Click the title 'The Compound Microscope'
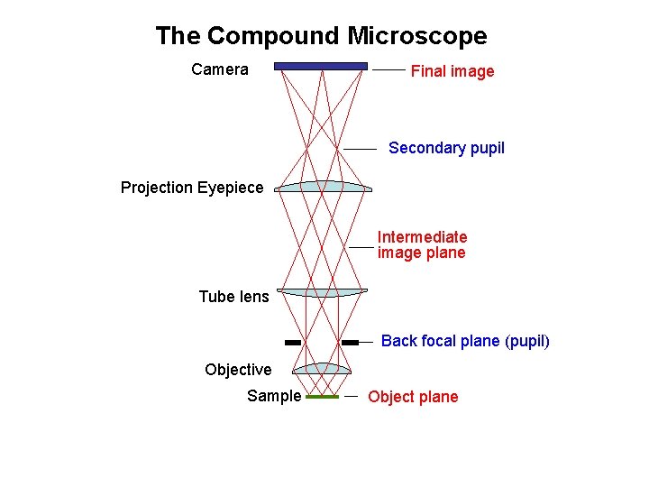pyautogui.click(x=321, y=36)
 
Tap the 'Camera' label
pyautogui.click(x=220, y=69)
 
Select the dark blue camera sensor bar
pyautogui.click(x=321, y=66)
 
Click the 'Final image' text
pyautogui.click(x=452, y=71)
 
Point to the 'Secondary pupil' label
pyautogui.click(x=446, y=148)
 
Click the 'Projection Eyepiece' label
pyautogui.click(x=192, y=188)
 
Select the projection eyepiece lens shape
pyautogui.click(x=323, y=187)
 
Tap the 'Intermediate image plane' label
pyautogui.click(x=422, y=244)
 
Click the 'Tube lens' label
pyautogui.click(x=233, y=297)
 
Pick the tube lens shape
pyautogui.click(x=323, y=291)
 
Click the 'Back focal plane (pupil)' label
pyautogui.click(x=465, y=341)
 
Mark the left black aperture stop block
pyautogui.click(x=292, y=343)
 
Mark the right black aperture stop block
pyautogui.click(x=350, y=343)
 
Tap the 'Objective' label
pyautogui.click(x=238, y=370)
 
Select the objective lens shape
pyautogui.click(x=323, y=368)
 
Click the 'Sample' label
pyautogui.click(x=274, y=396)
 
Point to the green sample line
pyautogui.click(x=322, y=397)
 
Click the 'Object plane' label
pyautogui.click(x=413, y=397)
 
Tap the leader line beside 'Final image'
pyautogui.click(x=388, y=69)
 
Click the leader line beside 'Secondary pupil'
pyautogui.click(x=360, y=148)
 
